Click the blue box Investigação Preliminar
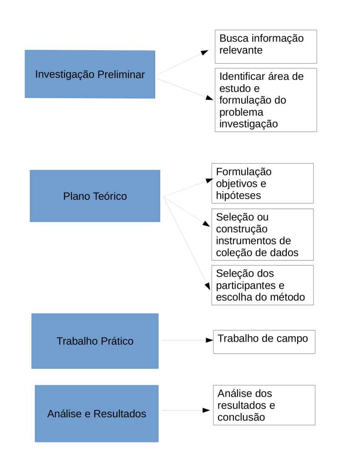[90, 74]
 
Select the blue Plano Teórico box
[95, 196]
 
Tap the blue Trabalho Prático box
[95, 341]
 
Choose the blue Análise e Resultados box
[96, 414]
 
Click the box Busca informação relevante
[266, 46]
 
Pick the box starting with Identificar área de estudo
[266, 100]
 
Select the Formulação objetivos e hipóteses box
[263, 183]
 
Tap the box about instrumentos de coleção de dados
[263, 235]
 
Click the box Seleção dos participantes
[263, 285]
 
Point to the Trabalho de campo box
[264, 342]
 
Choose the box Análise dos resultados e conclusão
[264, 405]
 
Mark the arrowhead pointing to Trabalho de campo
[209, 340]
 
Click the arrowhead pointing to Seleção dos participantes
[207, 286]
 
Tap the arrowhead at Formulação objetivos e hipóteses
[209, 180]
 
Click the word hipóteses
[238, 196]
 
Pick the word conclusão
[241, 417]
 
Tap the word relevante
[241, 50]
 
